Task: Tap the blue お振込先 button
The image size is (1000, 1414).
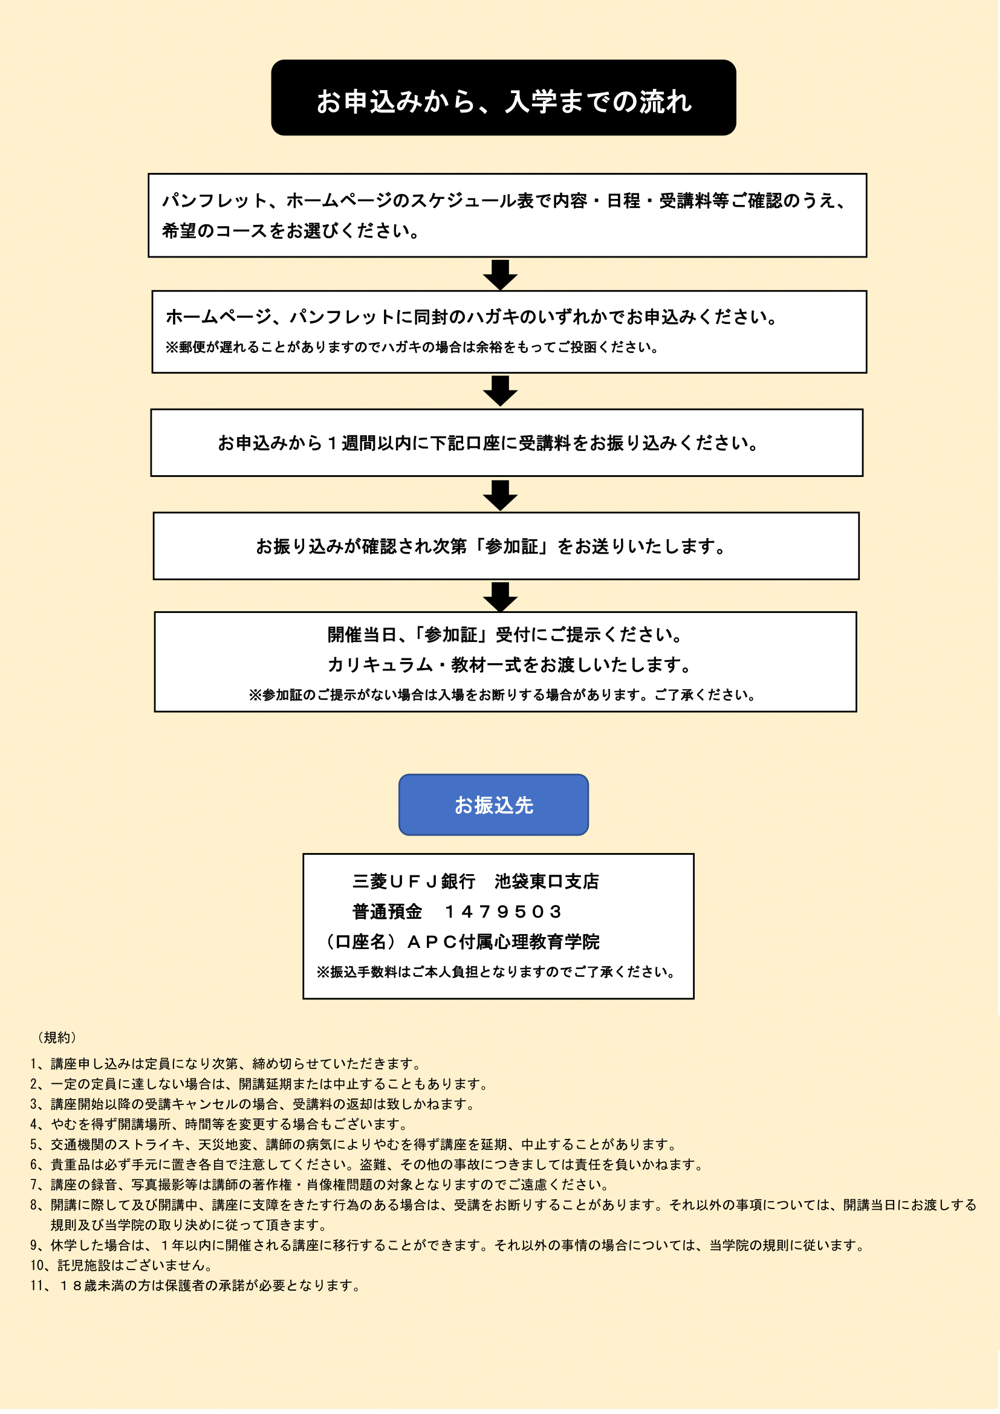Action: coord(493,805)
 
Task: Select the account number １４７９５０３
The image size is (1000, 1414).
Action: coord(503,912)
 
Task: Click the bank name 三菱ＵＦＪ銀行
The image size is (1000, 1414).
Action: coord(413,881)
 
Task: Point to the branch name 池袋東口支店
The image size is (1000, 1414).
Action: coord(546,881)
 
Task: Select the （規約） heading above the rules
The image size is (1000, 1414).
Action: coord(57,1038)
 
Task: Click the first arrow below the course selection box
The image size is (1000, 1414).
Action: coord(500,274)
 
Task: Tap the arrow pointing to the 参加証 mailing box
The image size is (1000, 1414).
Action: coord(500,495)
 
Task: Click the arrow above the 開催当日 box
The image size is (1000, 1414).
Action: coord(500,596)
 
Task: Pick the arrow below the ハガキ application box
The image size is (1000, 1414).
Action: coord(500,391)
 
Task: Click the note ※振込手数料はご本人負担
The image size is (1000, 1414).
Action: coord(496,972)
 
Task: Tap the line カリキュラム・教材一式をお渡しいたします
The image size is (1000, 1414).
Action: coord(510,665)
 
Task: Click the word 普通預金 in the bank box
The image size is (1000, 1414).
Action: coord(387,912)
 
